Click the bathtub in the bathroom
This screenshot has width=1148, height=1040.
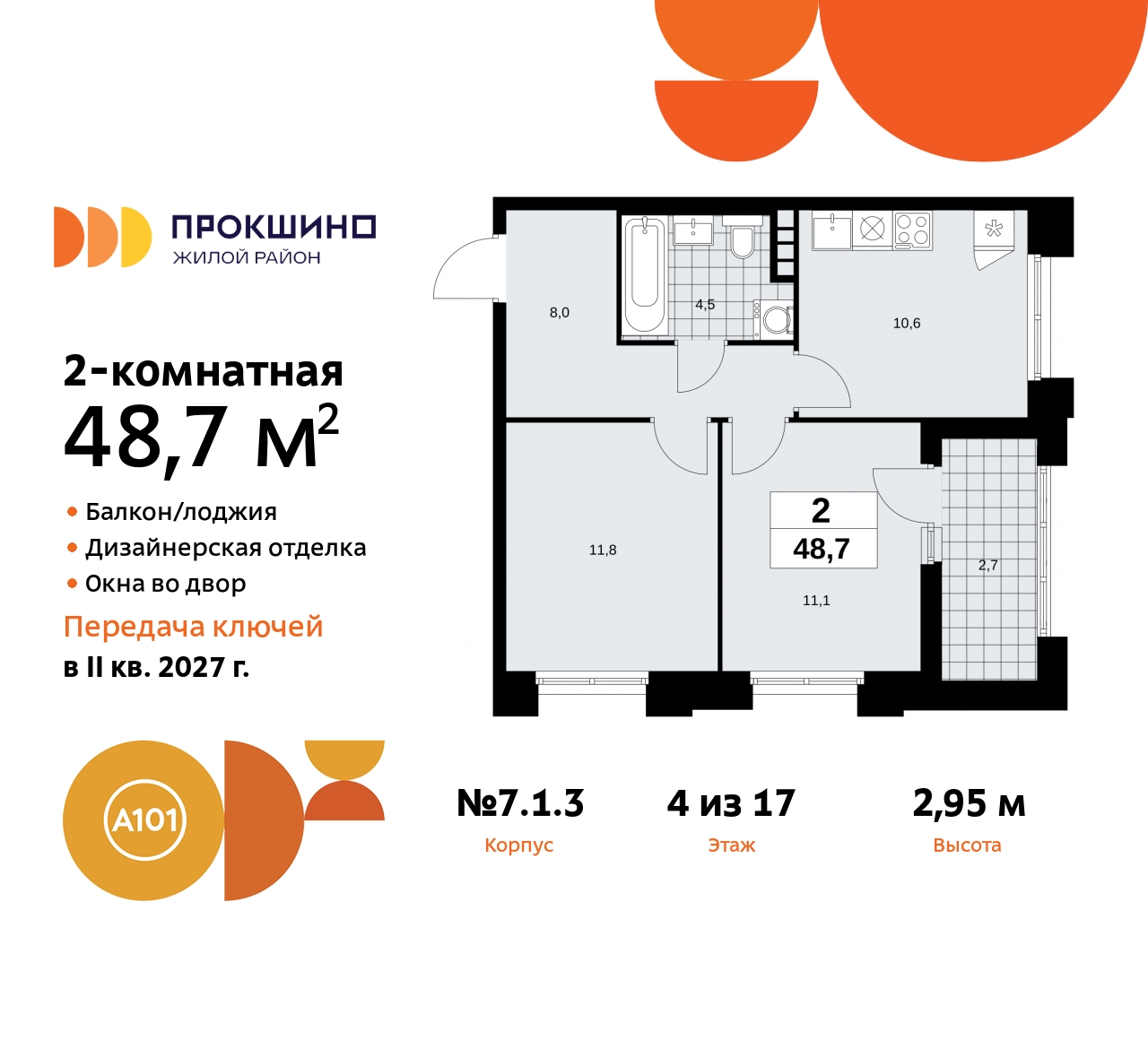645,273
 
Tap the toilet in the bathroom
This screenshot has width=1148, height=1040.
742,241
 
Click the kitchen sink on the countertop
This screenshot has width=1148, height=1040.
831,231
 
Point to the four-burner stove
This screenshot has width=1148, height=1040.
913,230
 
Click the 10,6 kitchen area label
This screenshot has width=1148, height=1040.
907,324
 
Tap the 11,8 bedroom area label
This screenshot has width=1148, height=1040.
603,550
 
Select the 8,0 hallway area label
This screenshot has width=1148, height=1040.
560,313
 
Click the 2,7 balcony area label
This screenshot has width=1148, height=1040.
987,566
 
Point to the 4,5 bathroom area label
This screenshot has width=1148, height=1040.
705,305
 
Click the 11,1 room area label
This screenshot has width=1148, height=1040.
816,601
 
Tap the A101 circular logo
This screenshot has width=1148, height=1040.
143,820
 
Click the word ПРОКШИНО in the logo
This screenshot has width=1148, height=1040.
274,227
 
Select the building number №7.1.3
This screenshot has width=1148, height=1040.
520,803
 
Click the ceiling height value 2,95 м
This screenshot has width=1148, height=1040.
969,803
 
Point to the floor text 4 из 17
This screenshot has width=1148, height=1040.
731,803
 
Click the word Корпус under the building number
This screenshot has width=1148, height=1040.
518,845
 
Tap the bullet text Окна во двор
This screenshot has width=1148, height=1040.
165,584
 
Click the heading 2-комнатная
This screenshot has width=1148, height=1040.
204,371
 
